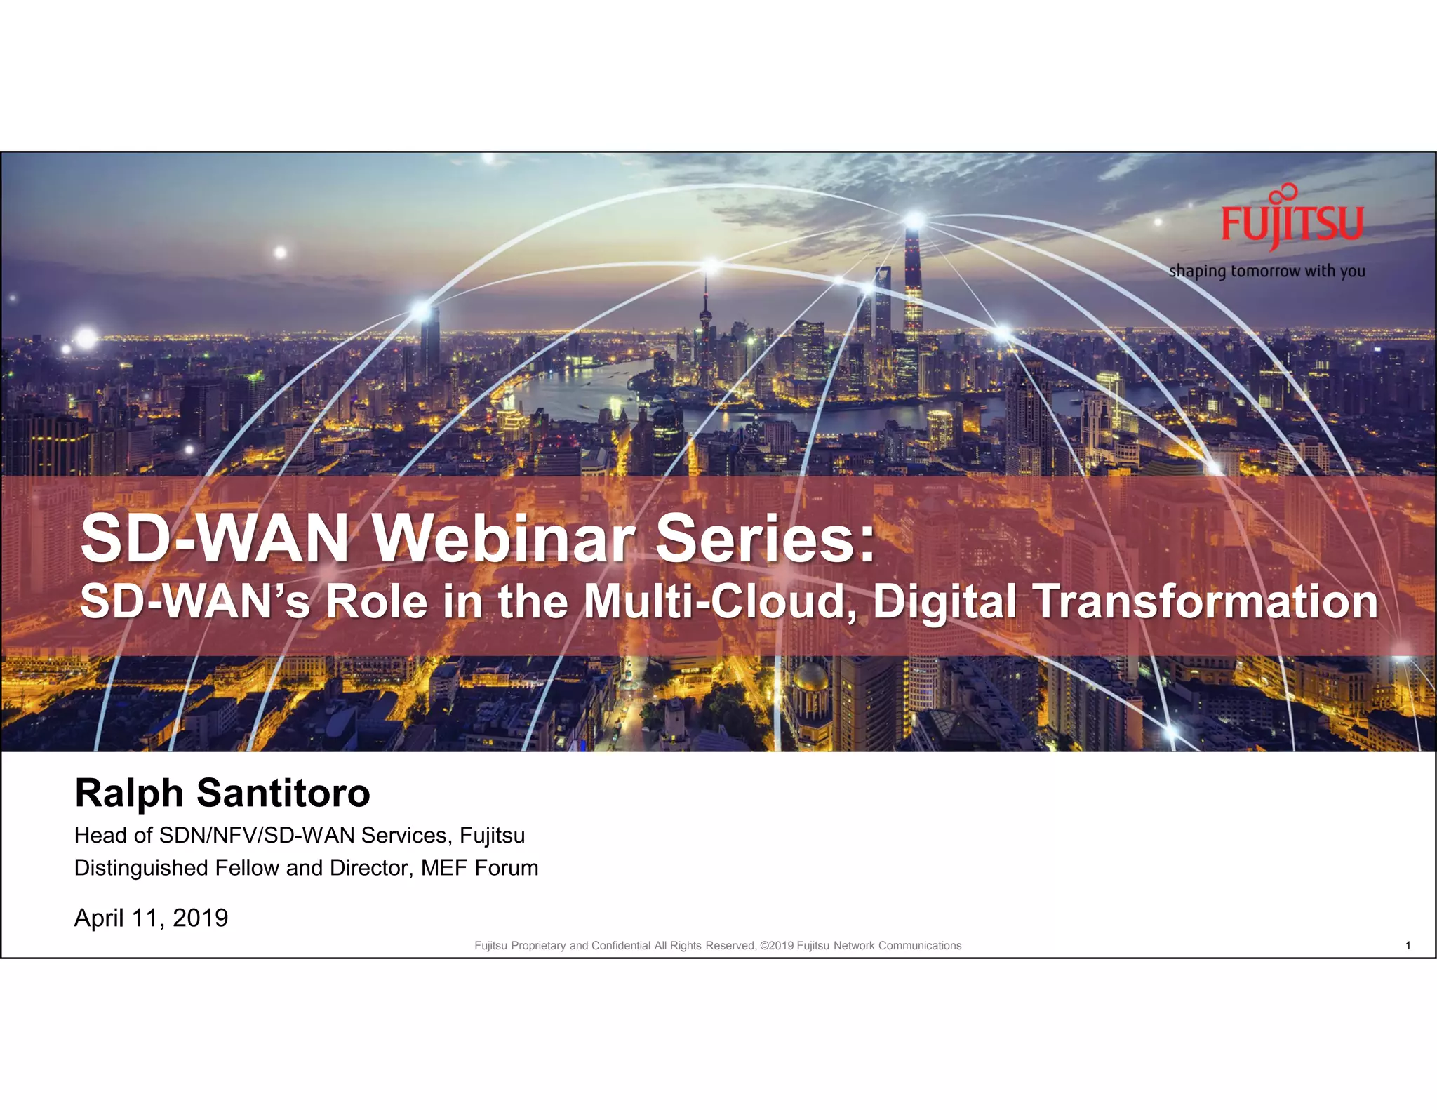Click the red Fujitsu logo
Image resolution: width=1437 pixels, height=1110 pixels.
pyautogui.click(x=1291, y=220)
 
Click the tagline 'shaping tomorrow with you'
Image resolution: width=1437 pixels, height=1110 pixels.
pyautogui.click(x=1266, y=271)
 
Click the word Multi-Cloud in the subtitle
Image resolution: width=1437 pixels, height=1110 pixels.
pyautogui.click(x=720, y=602)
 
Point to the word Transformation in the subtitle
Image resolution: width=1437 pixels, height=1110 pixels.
pyautogui.click(x=1205, y=602)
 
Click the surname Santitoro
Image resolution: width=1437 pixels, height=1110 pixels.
pyautogui.click(x=283, y=794)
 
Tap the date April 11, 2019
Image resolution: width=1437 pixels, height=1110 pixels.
pyautogui.click(x=151, y=918)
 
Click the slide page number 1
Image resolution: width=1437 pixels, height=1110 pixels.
pyautogui.click(x=1408, y=946)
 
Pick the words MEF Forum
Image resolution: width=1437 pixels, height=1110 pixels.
pyautogui.click(x=479, y=868)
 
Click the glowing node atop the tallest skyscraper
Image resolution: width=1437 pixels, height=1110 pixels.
pyautogui.click(x=914, y=220)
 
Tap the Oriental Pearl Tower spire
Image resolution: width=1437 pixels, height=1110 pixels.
pyautogui.click(x=706, y=295)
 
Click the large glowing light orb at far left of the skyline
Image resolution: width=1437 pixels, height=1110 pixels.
pyautogui.click(x=86, y=339)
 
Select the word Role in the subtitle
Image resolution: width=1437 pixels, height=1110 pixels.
pyautogui.click(x=376, y=602)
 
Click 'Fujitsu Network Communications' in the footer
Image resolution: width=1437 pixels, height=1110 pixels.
pyautogui.click(x=879, y=946)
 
